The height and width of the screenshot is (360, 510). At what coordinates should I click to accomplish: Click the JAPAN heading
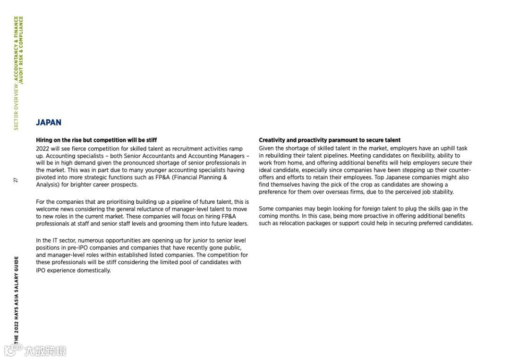tap(49, 123)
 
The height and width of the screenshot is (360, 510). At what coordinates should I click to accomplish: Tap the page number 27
tap(16, 180)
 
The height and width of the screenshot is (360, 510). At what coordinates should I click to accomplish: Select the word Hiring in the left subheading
tap(44, 140)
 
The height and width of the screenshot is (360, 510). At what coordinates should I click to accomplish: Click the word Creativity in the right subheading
tap(272, 140)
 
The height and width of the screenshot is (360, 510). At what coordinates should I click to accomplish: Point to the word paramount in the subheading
tap(342, 140)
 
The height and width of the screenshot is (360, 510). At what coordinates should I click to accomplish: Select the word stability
tap(443, 192)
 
